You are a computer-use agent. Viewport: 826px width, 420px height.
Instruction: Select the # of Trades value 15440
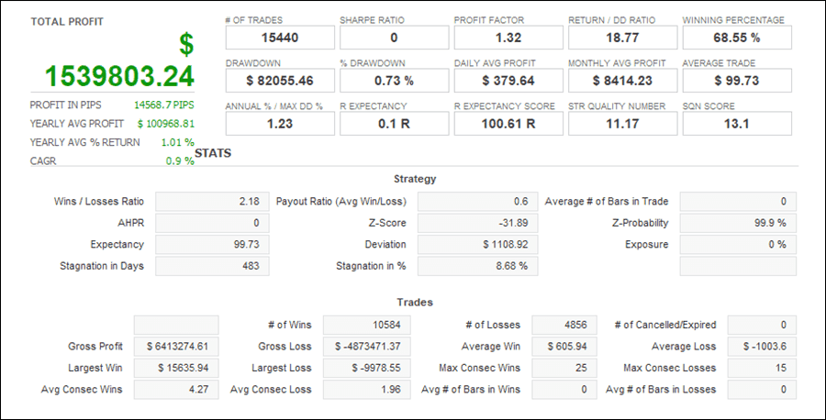[280, 38]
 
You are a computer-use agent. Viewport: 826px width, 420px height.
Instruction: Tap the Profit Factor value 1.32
[508, 38]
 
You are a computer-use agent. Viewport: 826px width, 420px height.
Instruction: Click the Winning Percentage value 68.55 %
[737, 38]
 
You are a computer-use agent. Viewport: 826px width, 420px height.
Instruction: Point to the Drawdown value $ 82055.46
[280, 81]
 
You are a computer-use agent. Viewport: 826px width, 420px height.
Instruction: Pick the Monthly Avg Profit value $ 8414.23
[622, 81]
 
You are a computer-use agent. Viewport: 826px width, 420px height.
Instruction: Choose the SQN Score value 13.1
[737, 124]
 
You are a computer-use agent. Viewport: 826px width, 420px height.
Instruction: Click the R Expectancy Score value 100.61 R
[508, 124]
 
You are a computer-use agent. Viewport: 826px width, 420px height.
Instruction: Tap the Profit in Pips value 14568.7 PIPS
[164, 105]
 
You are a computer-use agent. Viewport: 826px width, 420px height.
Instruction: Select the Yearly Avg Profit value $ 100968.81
[166, 124]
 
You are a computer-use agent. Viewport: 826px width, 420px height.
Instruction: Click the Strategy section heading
[415, 179]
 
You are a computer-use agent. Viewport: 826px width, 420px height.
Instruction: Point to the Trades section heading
[415, 302]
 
